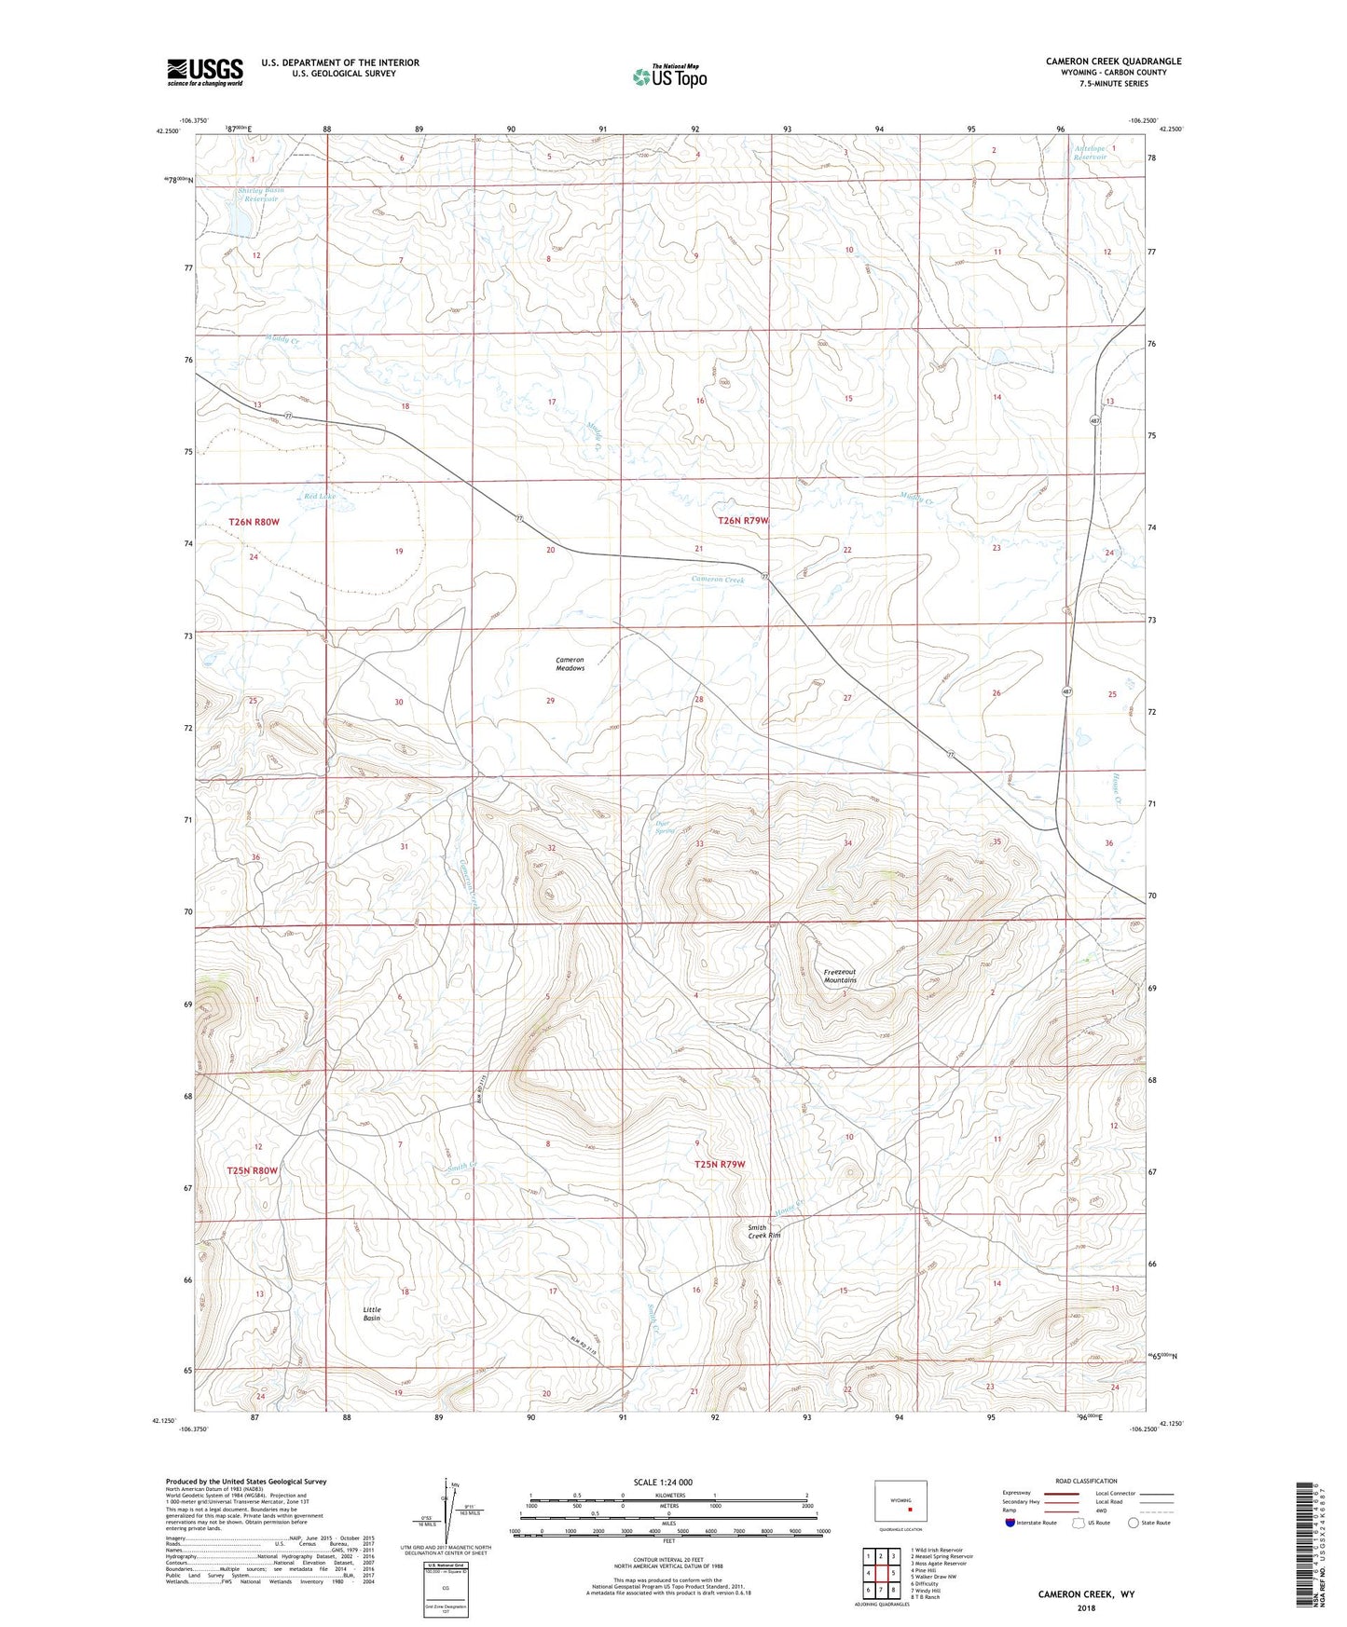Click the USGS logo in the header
(x=205, y=72)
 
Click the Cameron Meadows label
(x=570, y=663)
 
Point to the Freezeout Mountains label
(x=839, y=976)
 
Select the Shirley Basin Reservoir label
(x=260, y=194)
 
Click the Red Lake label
(x=320, y=497)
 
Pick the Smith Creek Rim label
(x=763, y=1231)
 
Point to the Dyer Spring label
(x=664, y=826)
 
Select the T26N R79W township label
(x=744, y=521)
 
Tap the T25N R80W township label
(x=253, y=1170)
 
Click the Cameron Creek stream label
(x=718, y=580)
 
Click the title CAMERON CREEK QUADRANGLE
(x=1113, y=62)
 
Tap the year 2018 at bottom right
(x=1086, y=1607)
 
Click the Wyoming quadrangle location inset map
(x=900, y=1501)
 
